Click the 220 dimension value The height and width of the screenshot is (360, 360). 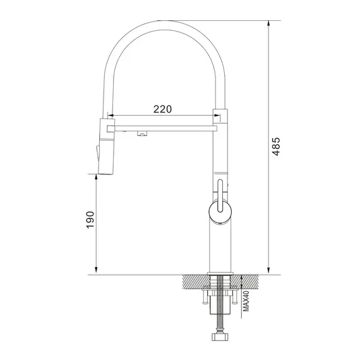pyautogui.click(x=163, y=109)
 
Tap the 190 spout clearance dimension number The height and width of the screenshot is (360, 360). pyautogui.click(x=90, y=220)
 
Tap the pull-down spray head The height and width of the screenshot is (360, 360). pyautogui.click(x=105, y=145)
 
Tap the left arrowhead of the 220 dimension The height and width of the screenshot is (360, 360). pyautogui.click(x=109, y=116)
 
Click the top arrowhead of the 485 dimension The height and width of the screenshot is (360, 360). pyautogui.click(x=270, y=24)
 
